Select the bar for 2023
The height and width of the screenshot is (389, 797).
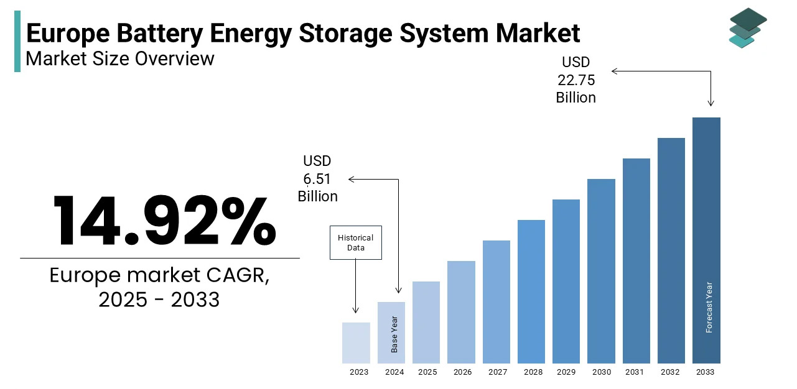(x=356, y=342)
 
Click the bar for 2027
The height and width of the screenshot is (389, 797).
(x=496, y=301)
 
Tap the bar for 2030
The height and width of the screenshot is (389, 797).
(x=601, y=271)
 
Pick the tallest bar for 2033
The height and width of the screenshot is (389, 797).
(x=706, y=240)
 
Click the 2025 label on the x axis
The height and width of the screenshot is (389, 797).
(x=427, y=372)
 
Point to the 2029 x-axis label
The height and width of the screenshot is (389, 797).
(x=566, y=372)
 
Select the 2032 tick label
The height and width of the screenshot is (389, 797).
(x=671, y=372)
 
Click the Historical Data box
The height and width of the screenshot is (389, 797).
(x=355, y=242)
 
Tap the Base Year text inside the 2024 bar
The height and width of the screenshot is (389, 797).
(x=394, y=334)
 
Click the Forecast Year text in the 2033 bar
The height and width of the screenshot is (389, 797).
(x=709, y=308)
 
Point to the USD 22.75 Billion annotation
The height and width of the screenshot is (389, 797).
(x=576, y=80)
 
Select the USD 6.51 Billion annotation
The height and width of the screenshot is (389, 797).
(x=317, y=179)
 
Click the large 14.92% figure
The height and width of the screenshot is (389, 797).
(x=163, y=221)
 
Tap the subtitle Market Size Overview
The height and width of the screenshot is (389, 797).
(x=119, y=58)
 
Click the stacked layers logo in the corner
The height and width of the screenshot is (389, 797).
(x=747, y=27)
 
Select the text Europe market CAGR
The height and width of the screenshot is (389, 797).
(x=159, y=275)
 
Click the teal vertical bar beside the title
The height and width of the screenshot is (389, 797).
(x=17, y=41)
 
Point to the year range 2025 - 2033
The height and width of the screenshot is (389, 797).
(x=159, y=300)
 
